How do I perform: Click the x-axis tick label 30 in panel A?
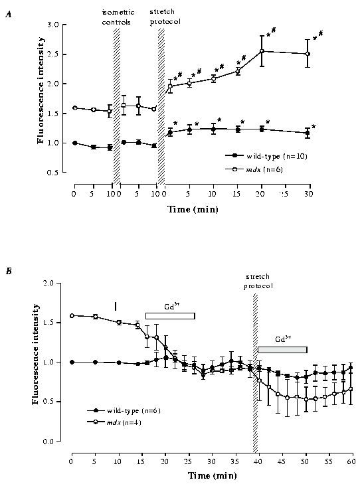308,195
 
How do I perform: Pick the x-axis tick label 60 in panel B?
353,457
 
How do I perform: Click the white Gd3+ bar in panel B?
170,316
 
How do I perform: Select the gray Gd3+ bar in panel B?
282,349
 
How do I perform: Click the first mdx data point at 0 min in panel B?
72,315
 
